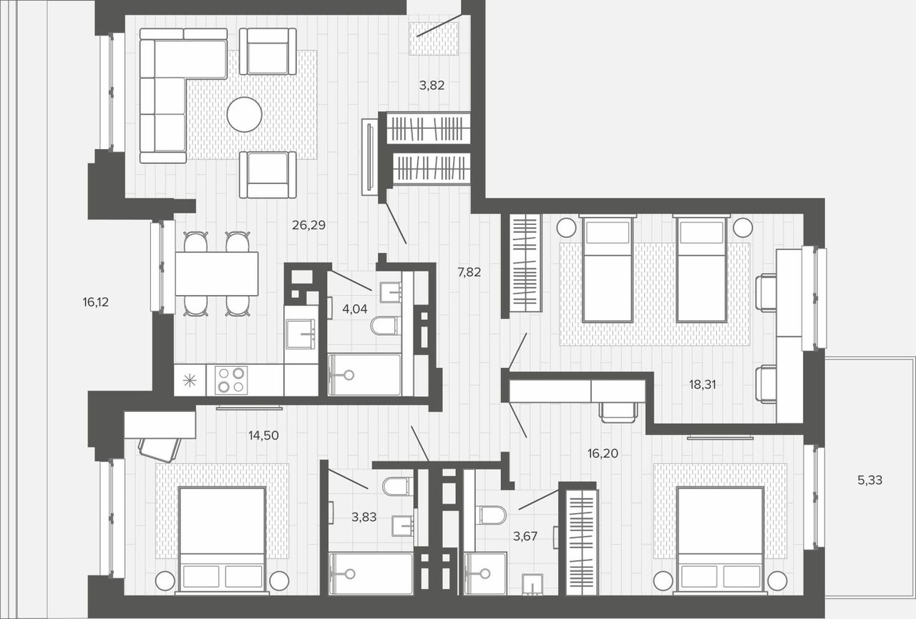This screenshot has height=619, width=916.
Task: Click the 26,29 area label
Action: point(308,225)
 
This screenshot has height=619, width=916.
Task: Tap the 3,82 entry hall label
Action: point(432,85)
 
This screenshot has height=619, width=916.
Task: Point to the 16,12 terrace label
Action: point(96,302)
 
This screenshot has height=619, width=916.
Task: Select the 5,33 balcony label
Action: point(869,480)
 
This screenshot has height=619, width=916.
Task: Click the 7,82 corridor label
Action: point(469,272)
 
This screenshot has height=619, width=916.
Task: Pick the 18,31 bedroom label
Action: point(703,385)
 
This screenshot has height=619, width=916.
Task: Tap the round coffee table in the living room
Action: point(244,114)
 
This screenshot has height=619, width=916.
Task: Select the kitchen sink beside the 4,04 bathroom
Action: point(301,334)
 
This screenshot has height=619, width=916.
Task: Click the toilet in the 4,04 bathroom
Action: point(385,326)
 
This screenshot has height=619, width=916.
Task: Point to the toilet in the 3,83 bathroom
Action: point(397,486)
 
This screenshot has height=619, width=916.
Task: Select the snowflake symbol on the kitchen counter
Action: point(190,380)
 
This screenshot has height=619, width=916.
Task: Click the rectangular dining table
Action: point(217,274)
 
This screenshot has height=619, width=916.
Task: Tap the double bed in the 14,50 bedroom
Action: point(223,539)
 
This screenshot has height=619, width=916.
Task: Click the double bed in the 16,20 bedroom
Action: point(721,539)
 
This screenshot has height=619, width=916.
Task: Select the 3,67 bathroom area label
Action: point(525,537)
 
